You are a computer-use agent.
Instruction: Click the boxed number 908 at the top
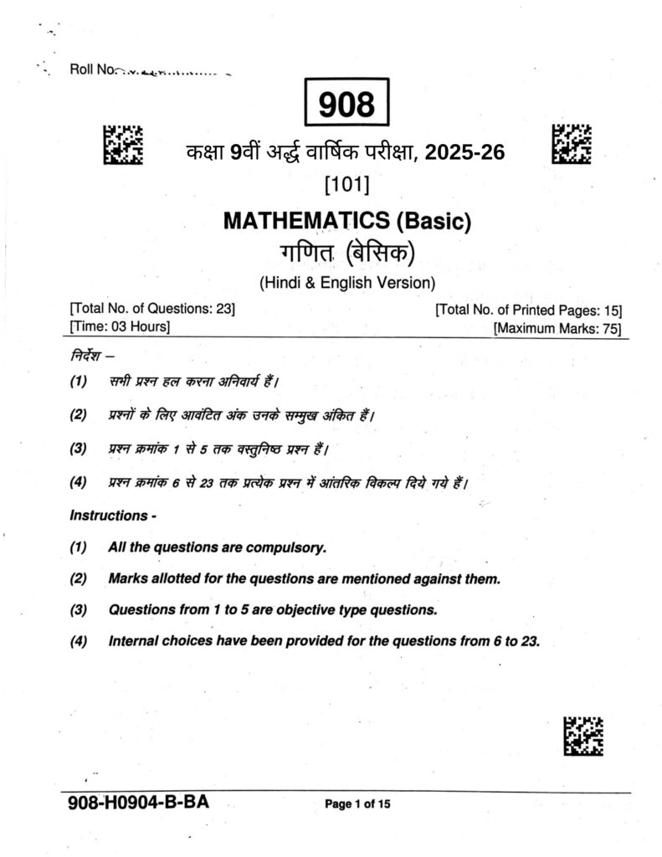coord(346,105)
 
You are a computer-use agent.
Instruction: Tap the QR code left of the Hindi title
coord(122,144)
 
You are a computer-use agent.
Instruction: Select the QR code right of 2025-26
coord(572,143)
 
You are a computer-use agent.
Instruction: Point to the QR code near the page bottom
coord(583,736)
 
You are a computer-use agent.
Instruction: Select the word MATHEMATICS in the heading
coord(305,222)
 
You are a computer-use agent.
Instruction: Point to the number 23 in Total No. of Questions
coord(224,310)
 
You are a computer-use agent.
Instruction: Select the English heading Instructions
coord(110,516)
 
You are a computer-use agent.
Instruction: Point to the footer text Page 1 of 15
coord(357,804)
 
